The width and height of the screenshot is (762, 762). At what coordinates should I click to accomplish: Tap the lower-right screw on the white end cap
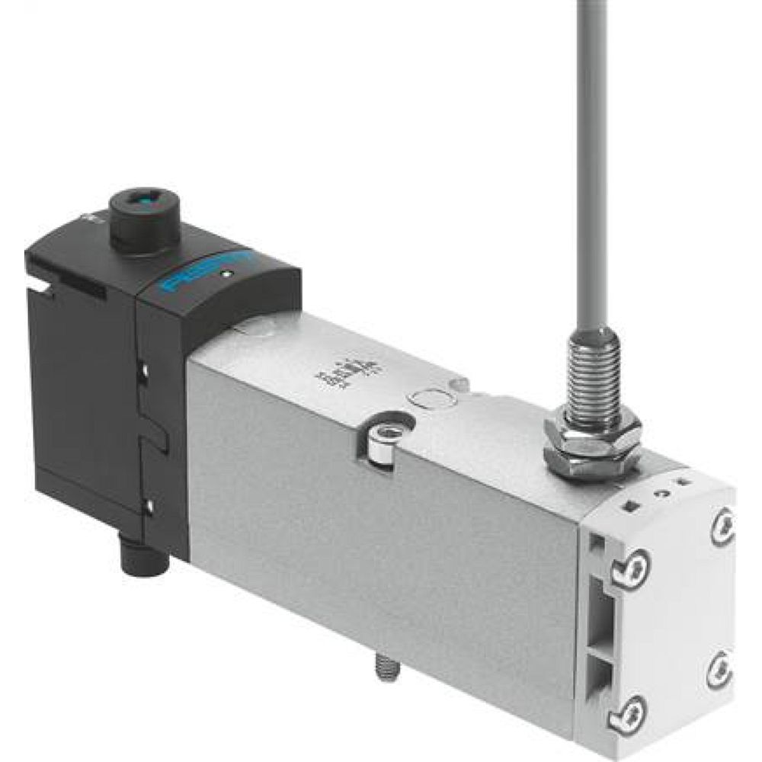[718, 671]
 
